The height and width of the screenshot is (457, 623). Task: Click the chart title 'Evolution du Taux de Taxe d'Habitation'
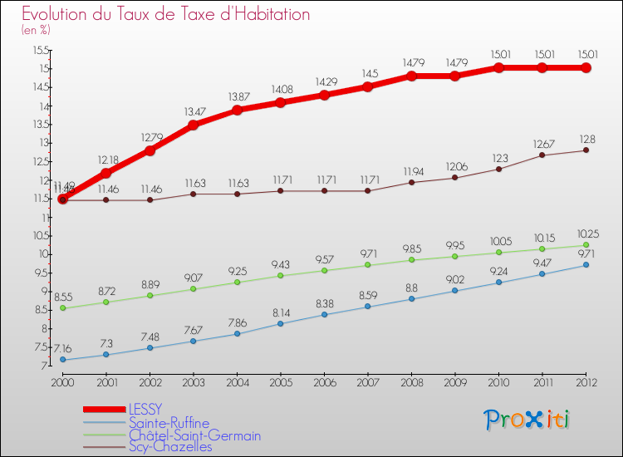[x=165, y=15]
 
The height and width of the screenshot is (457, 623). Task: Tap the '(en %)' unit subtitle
[x=36, y=30]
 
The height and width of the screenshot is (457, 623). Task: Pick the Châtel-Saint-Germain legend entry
[x=194, y=435]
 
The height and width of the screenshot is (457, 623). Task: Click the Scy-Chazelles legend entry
[x=170, y=447]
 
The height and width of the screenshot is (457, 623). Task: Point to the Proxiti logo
[x=527, y=420]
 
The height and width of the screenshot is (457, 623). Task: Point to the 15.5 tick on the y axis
[x=41, y=50]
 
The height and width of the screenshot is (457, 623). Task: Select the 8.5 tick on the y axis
[x=41, y=310]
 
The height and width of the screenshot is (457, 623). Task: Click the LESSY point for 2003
[x=194, y=125]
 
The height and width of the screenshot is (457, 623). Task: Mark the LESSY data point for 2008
[x=411, y=76]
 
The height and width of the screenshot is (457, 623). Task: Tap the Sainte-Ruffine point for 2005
[x=281, y=323]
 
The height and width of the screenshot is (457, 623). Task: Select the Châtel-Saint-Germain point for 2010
[x=498, y=253]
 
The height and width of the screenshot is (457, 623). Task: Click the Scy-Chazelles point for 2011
[x=542, y=155]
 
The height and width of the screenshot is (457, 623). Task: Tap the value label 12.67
[x=542, y=143]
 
